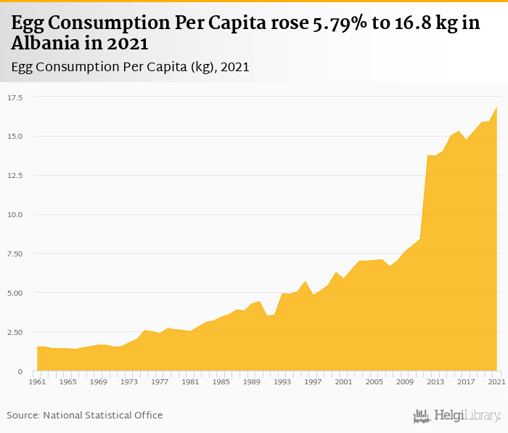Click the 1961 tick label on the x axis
(37, 381)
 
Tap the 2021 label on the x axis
(497, 381)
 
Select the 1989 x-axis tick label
(252, 381)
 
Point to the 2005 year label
(374, 381)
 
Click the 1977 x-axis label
(160, 381)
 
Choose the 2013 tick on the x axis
(435, 381)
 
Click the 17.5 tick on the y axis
(15, 97)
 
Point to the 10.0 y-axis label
(15, 214)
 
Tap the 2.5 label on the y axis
(15, 332)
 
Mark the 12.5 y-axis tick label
(15, 175)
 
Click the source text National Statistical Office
(103, 415)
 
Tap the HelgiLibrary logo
(457, 416)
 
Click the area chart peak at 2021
(496, 108)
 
